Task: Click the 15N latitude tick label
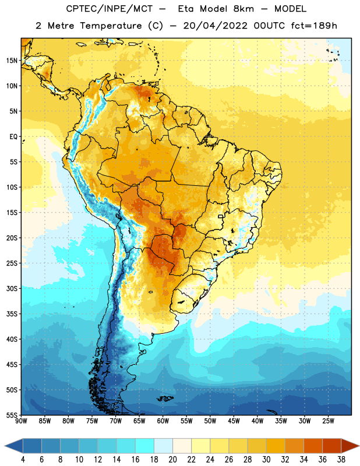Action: pos(12,61)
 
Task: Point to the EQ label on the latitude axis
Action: pos(13,137)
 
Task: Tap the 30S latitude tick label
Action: pos(12,288)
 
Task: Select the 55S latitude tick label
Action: pos(12,415)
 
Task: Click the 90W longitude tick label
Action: pos(21,421)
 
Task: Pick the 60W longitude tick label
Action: pos(163,421)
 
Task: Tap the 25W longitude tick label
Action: pos(328,421)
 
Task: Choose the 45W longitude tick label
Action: pos(234,421)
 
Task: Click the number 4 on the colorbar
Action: pos(23,460)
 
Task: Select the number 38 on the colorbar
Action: pos(341,460)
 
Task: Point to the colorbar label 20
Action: pos(172,460)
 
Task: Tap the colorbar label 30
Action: pos(266,460)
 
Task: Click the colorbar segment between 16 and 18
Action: pos(145,446)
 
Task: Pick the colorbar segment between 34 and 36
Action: pos(313,446)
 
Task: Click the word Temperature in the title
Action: pos(111,26)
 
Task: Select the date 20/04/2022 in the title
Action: pos(215,26)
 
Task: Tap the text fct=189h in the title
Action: pos(314,26)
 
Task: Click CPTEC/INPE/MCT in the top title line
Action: pos(110,9)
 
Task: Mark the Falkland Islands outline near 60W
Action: pos(165,398)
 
